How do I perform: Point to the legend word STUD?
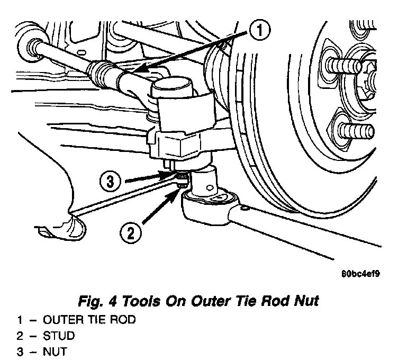point(59,336)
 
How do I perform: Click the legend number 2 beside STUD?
point(19,336)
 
